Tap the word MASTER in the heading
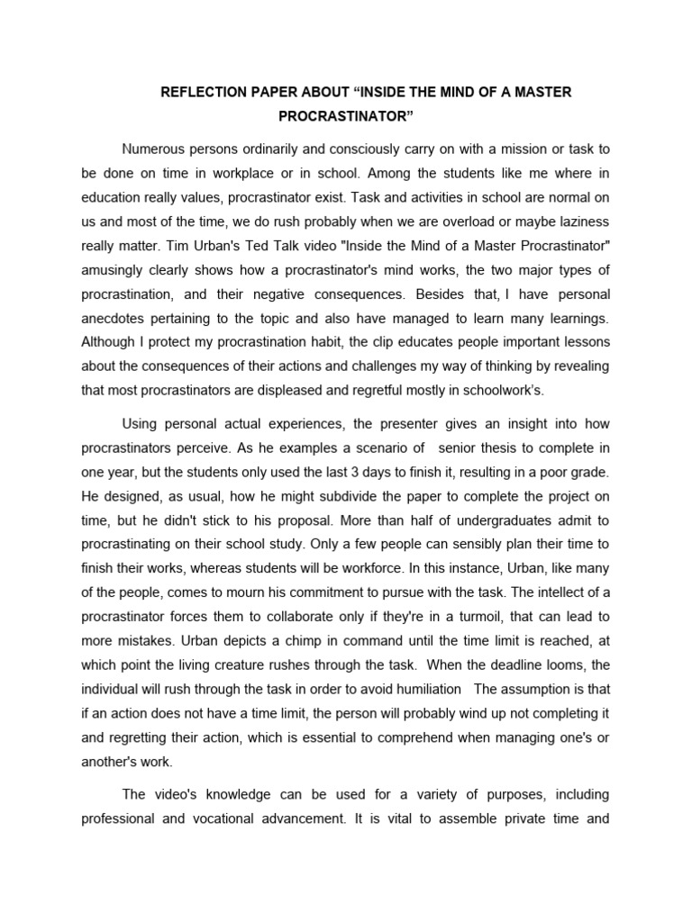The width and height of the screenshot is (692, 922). pyautogui.click(x=538, y=93)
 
